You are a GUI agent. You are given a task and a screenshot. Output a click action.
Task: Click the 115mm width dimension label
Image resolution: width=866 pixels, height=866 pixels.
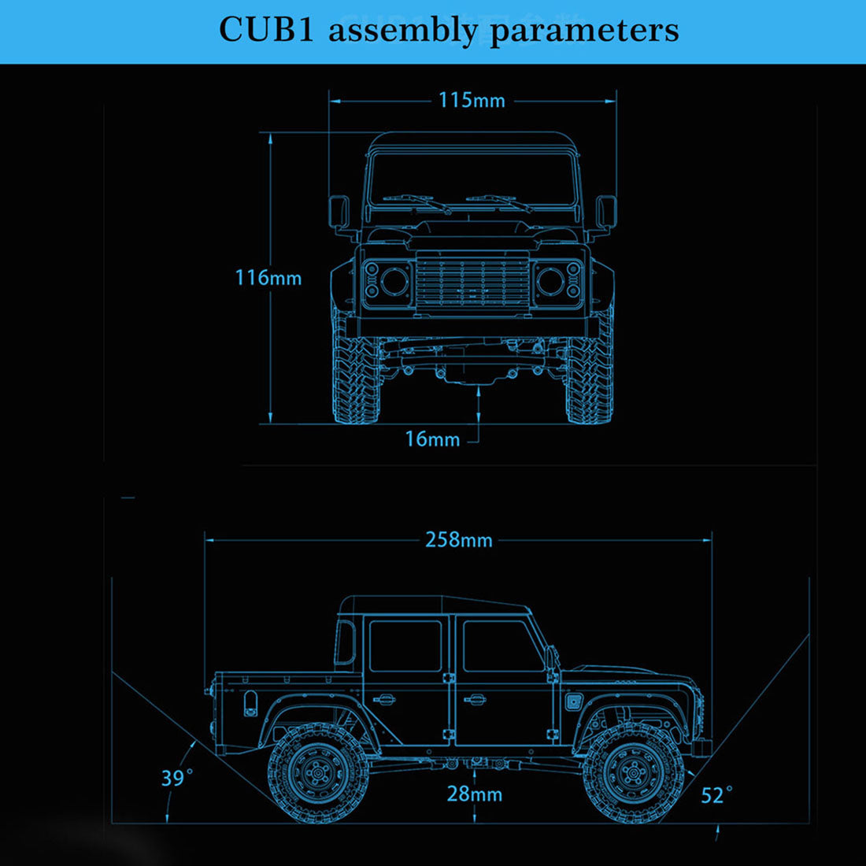[472, 101]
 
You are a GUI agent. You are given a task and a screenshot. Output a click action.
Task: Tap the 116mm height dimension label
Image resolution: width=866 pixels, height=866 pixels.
[268, 278]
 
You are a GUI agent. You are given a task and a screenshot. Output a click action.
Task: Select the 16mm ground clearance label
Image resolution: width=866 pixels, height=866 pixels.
[432, 439]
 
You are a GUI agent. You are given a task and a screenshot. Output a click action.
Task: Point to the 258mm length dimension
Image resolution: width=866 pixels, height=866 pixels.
[459, 540]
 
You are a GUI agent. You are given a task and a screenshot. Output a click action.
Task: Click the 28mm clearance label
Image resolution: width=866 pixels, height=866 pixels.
[474, 794]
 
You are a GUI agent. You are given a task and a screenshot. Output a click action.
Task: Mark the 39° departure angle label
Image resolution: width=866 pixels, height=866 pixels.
[176, 778]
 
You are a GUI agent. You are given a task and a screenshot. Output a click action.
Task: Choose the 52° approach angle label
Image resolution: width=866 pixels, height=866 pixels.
[716, 795]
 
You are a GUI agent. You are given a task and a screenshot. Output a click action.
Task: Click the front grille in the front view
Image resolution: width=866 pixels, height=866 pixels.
[472, 281]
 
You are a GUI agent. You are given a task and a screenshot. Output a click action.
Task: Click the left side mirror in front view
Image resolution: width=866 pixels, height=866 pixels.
[339, 213]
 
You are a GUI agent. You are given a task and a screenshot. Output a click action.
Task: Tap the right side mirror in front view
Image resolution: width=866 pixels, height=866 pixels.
[605, 213]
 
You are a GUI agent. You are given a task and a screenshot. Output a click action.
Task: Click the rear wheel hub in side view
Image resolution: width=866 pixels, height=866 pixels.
[319, 773]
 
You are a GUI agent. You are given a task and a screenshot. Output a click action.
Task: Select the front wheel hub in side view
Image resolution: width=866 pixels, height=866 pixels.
[633, 773]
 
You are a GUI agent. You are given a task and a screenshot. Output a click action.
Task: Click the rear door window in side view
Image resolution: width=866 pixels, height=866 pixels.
[405, 646]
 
